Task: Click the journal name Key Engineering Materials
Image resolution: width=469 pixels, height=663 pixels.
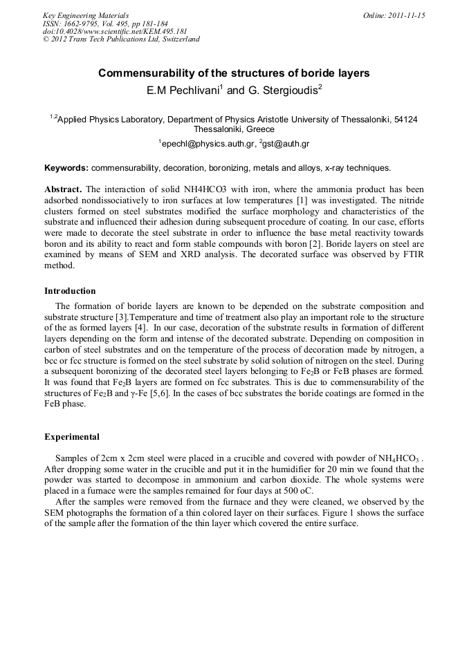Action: [x=85, y=15]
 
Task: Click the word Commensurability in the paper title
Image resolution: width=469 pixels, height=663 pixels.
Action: [x=149, y=73]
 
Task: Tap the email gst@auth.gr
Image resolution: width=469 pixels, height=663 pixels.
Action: [x=285, y=144]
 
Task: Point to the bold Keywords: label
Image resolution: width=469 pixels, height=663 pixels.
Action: [x=66, y=168]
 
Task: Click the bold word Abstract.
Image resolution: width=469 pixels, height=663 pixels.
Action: [x=63, y=189]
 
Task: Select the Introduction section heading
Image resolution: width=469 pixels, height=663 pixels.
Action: [x=70, y=291]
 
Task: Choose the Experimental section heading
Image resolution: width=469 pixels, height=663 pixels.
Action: [x=72, y=437]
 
